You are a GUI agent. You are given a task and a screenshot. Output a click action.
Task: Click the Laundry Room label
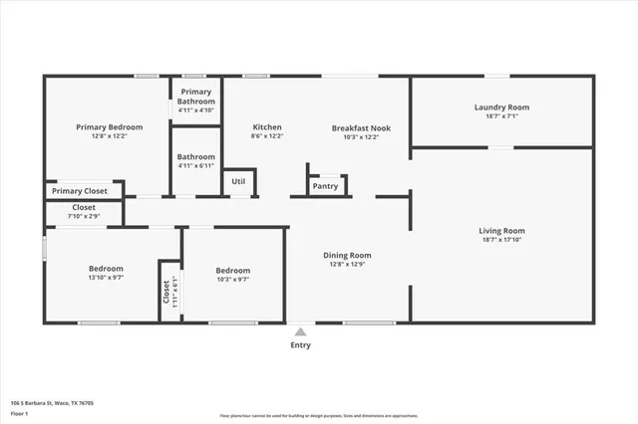point(501,106)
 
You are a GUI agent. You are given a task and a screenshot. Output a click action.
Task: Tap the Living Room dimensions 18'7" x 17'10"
point(501,240)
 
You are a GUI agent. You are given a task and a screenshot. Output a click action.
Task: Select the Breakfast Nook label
point(360,127)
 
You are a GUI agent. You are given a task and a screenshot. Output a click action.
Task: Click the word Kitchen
point(267,127)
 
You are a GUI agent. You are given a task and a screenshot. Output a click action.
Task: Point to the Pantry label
point(325,186)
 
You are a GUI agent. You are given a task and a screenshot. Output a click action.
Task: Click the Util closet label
point(238,181)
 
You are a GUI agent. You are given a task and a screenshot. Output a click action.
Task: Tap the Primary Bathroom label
point(196,97)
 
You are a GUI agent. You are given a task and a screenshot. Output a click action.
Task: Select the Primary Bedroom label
point(110,127)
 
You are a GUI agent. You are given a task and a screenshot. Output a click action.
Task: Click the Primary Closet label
point(80,191)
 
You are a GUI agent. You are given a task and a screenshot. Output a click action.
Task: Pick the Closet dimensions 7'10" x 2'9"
point(84,216)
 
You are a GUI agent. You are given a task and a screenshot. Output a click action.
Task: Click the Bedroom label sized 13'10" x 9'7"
point(106,269)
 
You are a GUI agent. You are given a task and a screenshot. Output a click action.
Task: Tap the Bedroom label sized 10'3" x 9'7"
point(233,270)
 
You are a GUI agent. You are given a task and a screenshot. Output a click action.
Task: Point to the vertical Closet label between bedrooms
point(166,291)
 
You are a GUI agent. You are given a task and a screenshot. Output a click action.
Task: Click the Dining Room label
point(347,256)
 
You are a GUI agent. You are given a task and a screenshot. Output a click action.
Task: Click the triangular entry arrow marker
point(300,331)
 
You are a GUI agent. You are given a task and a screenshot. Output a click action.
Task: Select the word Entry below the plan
point(300,345)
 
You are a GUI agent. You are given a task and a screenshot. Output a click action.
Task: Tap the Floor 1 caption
point(20,414)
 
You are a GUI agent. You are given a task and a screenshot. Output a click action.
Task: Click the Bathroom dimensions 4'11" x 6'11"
point(196,166)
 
